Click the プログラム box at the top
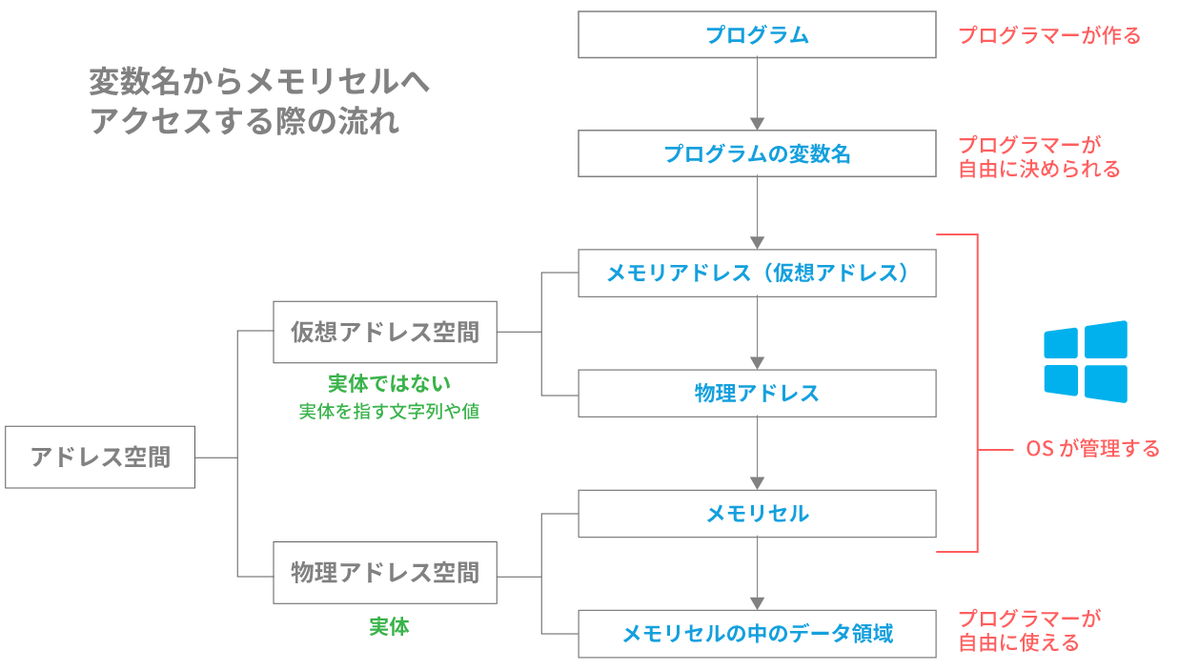point(757,35)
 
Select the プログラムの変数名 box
point(757,153)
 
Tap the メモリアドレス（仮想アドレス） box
point(757,274)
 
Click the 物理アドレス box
point(757,393)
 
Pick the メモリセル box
point(757,514)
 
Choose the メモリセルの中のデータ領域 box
point(757,633)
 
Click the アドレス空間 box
point(100,457)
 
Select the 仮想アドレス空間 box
point(384,333)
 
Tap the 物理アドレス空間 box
point(384,573)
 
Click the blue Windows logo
point(1085,361)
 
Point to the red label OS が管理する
point(1092,448)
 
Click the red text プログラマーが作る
point(1048,36)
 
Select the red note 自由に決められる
point(1039,170)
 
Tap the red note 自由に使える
point(1019,643)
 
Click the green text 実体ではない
point(389,383)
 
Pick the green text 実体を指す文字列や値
point(389,412)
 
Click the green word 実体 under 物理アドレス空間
point(389,627)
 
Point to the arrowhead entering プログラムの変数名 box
point(757,124)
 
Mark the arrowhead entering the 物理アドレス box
point(757,363)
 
